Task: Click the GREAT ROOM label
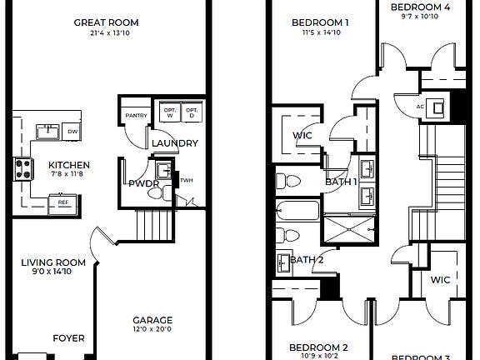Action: [106, 22]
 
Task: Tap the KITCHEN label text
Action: [68, 165]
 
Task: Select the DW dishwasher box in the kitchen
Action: [73, 132]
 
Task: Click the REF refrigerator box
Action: [62, 201]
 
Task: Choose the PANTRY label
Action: [135, 114]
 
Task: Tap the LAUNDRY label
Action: [175, 143]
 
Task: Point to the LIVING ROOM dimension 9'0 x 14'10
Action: [54, 272]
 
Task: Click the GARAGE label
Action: [152, 320]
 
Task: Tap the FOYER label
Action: [68, 338]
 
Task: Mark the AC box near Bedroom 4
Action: [421, 106]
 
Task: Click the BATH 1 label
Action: [340, 182]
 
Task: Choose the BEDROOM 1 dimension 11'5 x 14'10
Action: [322, 33]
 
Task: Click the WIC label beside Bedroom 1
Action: [302, 136]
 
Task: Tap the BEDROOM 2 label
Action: [317, 347]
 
